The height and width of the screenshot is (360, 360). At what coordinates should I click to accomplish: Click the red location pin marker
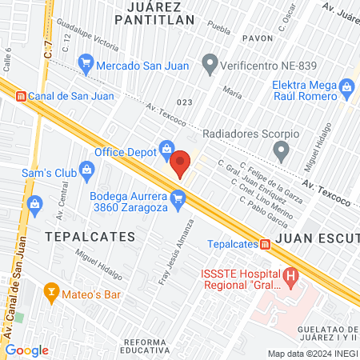click(181, 163)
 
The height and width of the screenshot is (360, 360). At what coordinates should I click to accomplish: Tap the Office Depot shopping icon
click(166, 147)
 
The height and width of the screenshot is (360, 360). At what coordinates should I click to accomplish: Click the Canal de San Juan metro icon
click(22, 96)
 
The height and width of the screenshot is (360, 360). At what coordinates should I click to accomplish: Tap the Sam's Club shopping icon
click(87, 169)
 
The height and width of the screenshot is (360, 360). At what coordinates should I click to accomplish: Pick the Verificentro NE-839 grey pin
click(210, 61)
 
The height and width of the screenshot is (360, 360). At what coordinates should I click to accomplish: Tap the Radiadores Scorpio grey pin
click(281, 150)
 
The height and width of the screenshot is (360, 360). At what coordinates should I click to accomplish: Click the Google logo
click(26, 350)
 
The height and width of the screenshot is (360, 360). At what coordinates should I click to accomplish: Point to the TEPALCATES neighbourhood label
click(84, 237)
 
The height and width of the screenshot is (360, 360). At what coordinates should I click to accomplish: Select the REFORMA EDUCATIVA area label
click(147, 345)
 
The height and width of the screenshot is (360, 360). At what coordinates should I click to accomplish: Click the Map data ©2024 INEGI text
click(312, 354)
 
